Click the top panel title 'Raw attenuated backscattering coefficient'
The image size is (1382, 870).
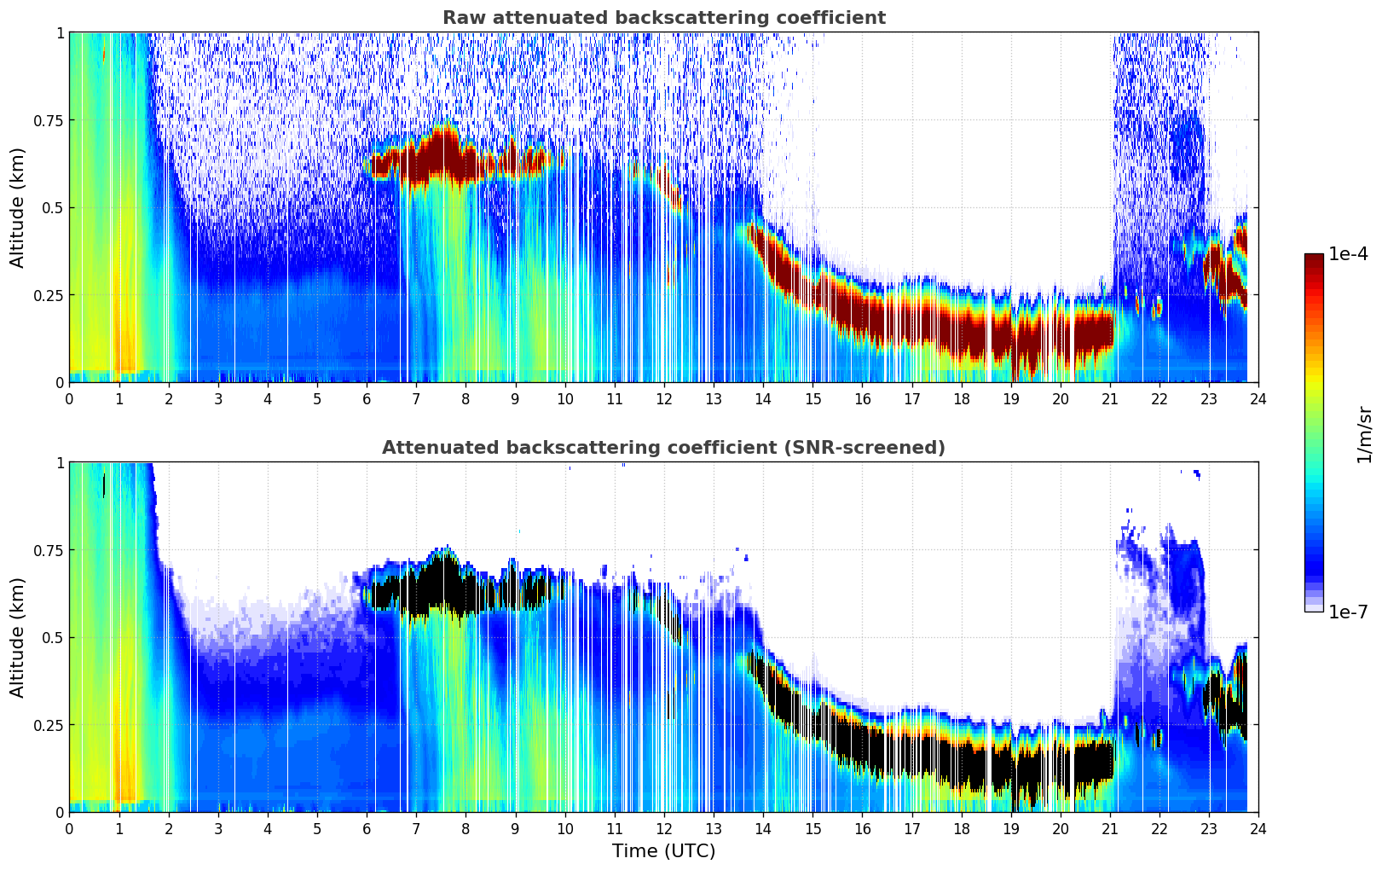click(663, 18)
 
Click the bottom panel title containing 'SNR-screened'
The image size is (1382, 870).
click(663, 448)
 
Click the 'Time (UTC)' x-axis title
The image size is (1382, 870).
click(663, 851)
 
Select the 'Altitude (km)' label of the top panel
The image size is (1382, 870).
click(18, 207)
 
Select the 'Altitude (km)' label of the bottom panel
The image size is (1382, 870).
click(18, 637)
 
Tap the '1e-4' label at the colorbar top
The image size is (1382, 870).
click(1348, 254)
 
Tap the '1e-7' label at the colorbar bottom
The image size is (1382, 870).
click(1348, 612)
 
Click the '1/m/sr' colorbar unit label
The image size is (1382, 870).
click(1364, 434)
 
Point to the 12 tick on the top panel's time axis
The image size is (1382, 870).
click(664, 398)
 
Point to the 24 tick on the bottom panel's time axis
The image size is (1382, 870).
click(1258, 828)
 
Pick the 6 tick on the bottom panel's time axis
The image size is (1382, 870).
click(367, 828)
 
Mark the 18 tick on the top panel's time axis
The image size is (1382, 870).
click(961, 398)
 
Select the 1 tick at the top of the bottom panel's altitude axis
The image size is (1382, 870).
click(60, 463)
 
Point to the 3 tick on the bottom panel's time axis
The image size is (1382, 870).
click(218, 828)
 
